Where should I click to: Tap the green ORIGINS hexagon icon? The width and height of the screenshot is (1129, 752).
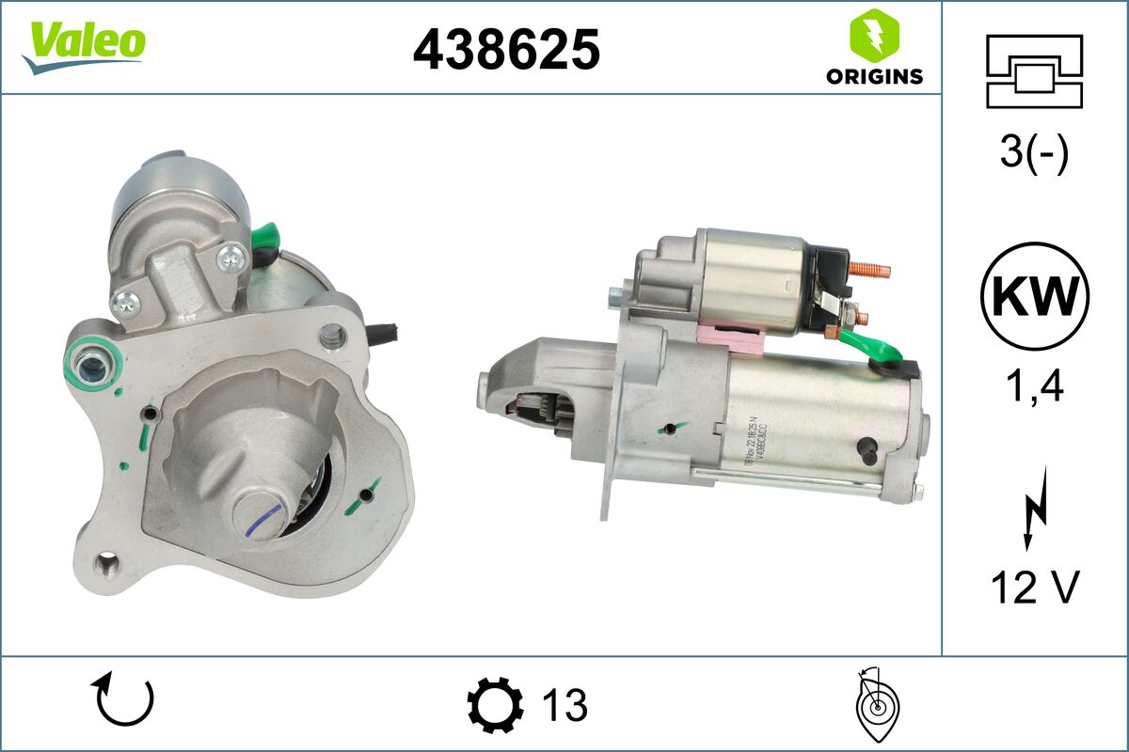873,36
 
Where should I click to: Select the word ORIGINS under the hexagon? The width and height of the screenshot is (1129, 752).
874,77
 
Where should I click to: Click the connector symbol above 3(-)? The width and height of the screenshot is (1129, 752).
1034,71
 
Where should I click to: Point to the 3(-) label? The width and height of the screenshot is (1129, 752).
1034,153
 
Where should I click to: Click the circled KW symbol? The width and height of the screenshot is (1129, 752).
1034,296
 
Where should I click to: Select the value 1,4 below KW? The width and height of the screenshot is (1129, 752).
1034,384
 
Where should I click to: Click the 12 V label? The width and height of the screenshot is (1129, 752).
1034,587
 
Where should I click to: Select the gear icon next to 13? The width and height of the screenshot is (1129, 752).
495,704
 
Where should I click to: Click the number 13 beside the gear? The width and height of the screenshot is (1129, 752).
564,704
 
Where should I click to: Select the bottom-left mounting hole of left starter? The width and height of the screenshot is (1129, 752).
109,566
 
